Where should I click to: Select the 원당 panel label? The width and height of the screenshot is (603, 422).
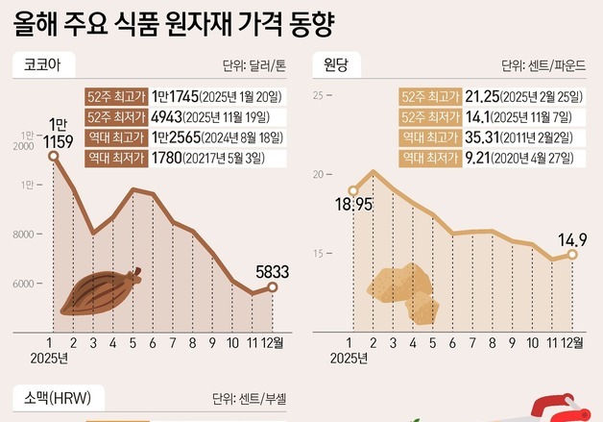click(336, 66)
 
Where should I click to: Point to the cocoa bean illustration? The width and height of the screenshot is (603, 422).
click(101, 290)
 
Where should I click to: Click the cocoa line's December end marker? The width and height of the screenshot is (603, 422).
click(273, 287)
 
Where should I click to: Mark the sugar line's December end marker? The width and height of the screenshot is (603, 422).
click(572, 254)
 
